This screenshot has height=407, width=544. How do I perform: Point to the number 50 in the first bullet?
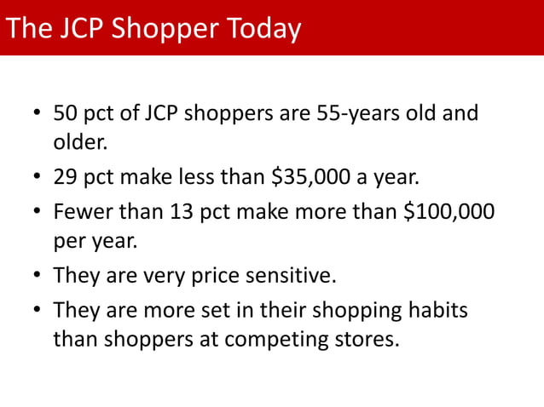coord(65,113)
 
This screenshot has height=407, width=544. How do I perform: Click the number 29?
coord(65,178)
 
